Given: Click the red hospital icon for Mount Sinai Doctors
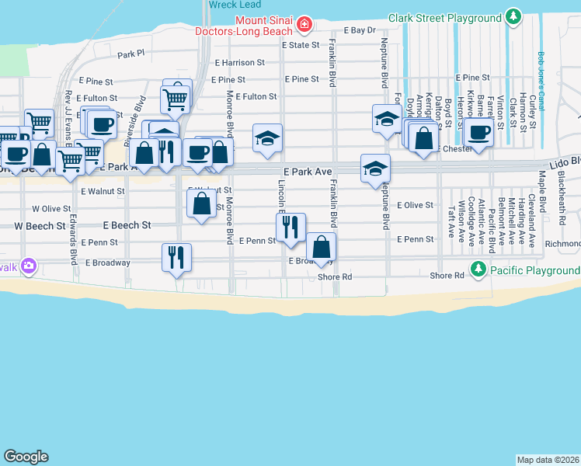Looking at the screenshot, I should [304, 26].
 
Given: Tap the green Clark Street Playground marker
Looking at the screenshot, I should [513, 16].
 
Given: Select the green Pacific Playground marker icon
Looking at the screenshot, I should [478, 270].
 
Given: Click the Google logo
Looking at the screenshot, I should [26, 457].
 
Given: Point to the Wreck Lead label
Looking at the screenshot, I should [228, 4].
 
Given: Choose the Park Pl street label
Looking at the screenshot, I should [131, 54].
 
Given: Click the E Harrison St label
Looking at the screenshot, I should [240, 61].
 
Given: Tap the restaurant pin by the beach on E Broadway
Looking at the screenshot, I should [176, 256].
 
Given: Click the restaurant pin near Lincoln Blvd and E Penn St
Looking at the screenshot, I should [290, 226].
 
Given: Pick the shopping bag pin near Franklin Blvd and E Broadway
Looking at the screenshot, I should [321, 246].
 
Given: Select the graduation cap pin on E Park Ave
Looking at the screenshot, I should [375, 168].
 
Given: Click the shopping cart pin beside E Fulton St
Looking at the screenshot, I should [175, 99].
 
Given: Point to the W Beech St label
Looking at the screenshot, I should [39, 225].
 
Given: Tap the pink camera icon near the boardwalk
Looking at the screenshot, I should [30, 266].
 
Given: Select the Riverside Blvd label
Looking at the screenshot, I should [140, 116].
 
